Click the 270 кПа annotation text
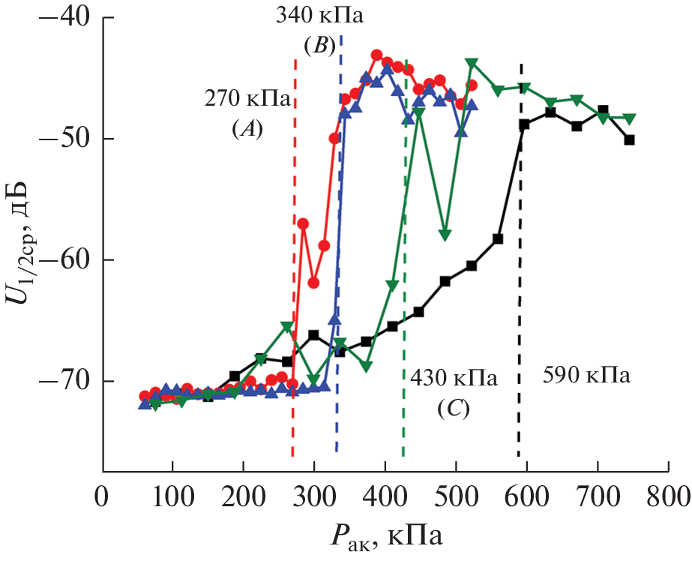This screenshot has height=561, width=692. click(247, 99)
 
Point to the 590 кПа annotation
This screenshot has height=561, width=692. click(586, 376)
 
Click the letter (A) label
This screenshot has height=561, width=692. click(247, 129)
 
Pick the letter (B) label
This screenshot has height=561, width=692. click(319, 45)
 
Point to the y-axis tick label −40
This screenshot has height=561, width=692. click(63, 18)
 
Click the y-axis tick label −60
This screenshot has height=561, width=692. click(63, 260)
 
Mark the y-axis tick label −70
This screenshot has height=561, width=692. click(63, 381)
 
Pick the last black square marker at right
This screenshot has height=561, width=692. click(630, 139)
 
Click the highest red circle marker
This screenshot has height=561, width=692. click(376, 55)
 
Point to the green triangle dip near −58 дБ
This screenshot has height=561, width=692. click(445, 235)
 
